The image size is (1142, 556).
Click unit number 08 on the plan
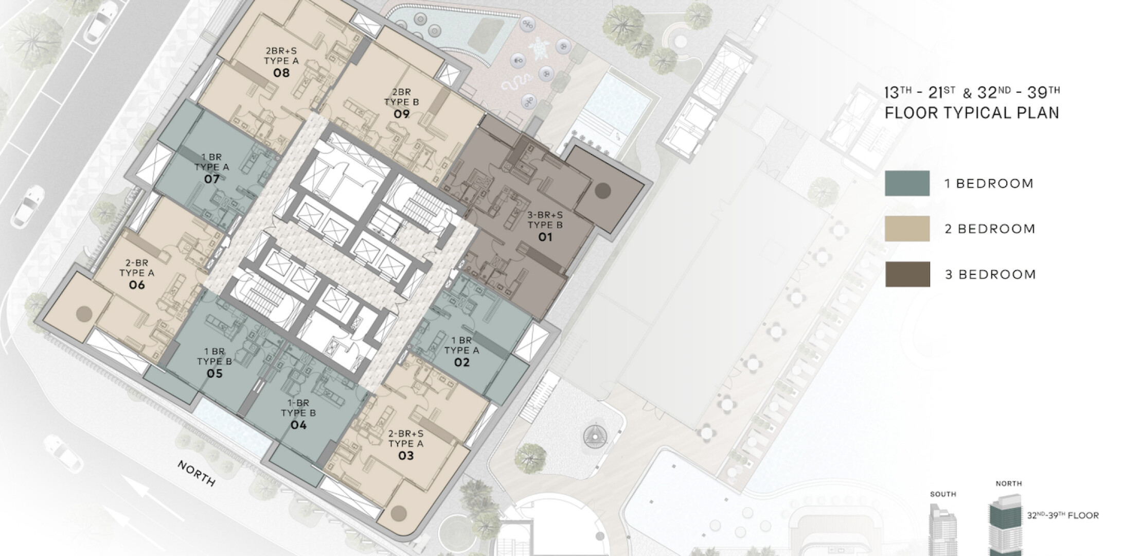click(281, 73)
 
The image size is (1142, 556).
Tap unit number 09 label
click(402, 114)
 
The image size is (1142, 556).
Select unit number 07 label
click(212, 179)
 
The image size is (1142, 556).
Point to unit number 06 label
click(137, 285)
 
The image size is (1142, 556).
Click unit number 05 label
click(215, 373)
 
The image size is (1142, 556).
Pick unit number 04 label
click(298, 425)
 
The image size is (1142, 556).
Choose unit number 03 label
click(406, 456)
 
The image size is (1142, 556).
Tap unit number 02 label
click(462, 362)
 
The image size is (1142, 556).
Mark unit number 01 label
click(545, 237)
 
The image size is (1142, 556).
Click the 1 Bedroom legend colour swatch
click(907, 184)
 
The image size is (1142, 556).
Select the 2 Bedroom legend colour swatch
click(907, 229)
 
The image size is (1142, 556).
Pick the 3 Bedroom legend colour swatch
click(907, 274)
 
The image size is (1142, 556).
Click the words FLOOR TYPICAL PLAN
click(972, 113)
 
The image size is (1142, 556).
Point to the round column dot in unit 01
click(603, 191)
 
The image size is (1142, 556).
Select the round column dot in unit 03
click(398, 513)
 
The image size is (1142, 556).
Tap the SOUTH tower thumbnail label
click(943, 494)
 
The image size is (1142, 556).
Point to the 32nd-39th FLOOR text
click(1063, 515)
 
